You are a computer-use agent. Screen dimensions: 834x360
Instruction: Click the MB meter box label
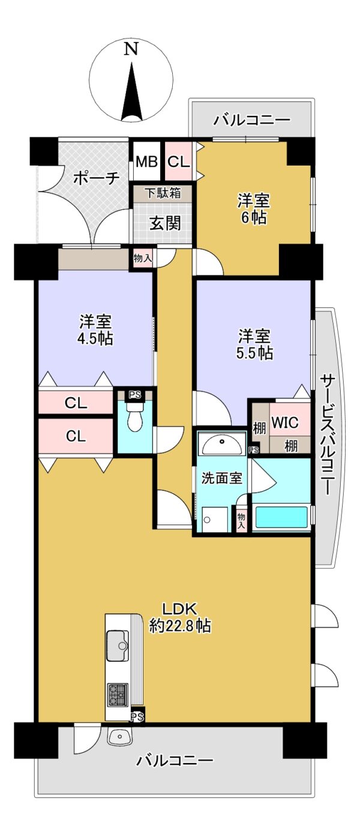(146, 161)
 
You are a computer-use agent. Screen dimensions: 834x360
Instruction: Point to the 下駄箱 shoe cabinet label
(163, 194)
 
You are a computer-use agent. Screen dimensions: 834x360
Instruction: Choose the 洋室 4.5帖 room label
(96, 329)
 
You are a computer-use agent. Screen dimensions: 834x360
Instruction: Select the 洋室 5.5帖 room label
(255, 344)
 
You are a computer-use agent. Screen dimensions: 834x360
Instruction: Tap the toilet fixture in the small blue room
(135, 418)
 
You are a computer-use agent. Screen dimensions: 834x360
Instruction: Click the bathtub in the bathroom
(281, 518)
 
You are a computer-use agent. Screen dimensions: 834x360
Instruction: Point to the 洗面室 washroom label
(221, 478)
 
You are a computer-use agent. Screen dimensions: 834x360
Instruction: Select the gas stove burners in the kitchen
(118, 695)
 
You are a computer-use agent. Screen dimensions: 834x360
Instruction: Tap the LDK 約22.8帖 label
(179, 616)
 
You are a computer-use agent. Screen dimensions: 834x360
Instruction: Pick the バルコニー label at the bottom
(175, 761)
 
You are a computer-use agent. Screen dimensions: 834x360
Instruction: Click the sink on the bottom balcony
(120, 736)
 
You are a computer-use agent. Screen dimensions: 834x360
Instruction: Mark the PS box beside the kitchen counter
(137, 716)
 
